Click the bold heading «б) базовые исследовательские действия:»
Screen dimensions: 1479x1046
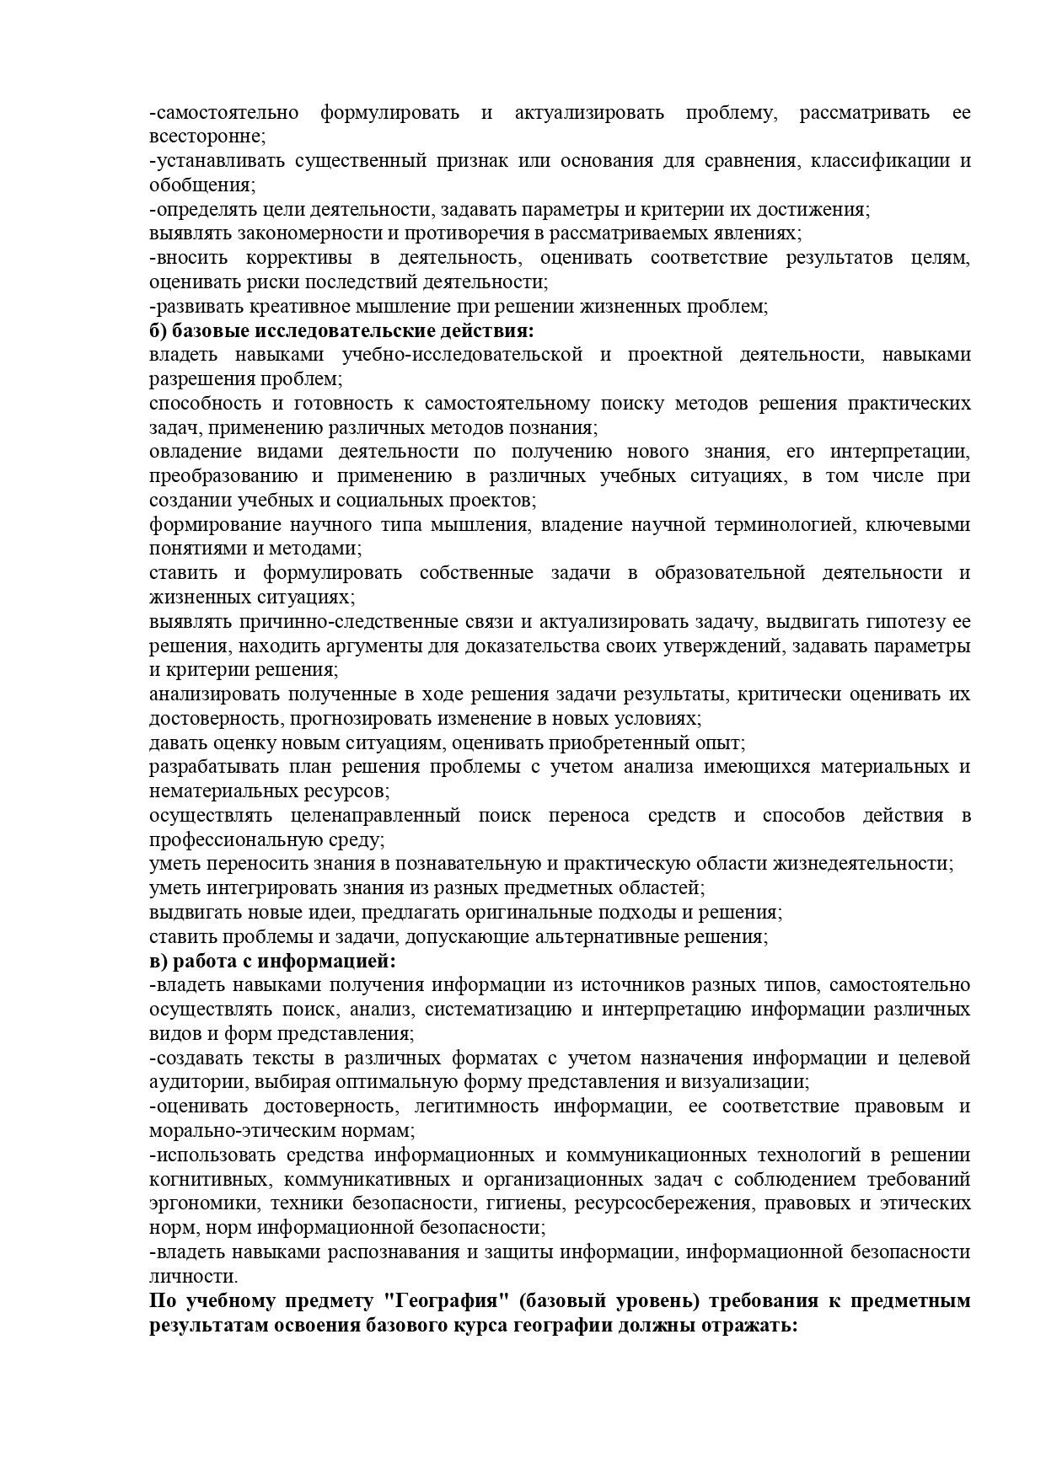[342, 330]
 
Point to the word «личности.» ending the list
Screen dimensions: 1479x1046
[188, 1276]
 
